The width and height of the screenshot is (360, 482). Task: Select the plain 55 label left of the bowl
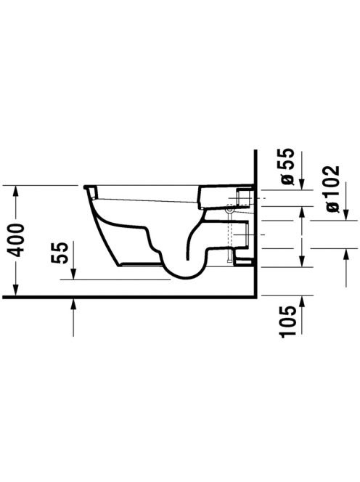[59, 253]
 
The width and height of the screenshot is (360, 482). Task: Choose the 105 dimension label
[288, 322]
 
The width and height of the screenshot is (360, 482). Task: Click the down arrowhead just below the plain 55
[73, 273]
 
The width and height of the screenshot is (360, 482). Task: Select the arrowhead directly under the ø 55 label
[302, 184]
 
